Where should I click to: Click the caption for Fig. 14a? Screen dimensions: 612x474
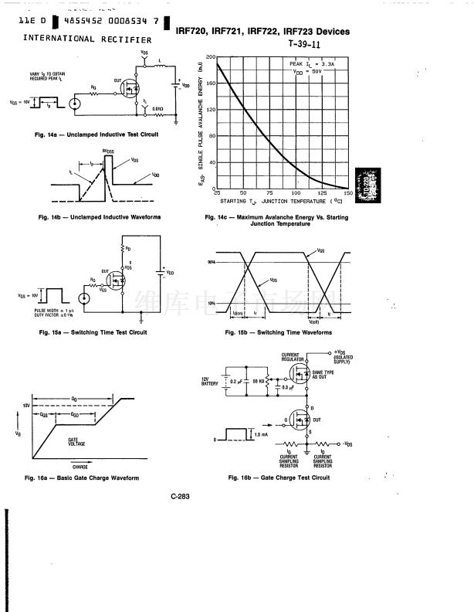[x=96, y=134]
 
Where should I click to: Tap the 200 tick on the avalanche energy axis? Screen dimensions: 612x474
[x=211, y=58]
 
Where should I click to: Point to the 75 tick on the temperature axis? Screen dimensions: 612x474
[x=269, y=192]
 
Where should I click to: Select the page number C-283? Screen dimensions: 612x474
[x=181, y=496]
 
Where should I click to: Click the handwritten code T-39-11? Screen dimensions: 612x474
[x=306, y=44]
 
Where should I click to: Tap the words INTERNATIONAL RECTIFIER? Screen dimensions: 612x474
[x=87, y=39]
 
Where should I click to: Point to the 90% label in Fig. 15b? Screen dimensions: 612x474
[x=211, y=263]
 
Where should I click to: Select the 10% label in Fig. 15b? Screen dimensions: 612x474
[x=211, y=303]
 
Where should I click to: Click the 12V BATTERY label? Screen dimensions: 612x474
[x=210, y=382]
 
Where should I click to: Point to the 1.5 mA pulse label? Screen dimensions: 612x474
[x=262, y=436]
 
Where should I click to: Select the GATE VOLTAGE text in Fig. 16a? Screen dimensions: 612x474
[x=76, y=442]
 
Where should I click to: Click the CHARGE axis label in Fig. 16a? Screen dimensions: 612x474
[x=80, y=467]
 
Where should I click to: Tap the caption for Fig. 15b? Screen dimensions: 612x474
[x=278, y=333]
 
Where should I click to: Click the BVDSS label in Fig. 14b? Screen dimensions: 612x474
[x=109, y=153]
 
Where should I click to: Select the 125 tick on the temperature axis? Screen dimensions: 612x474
[x=322, y=192]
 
